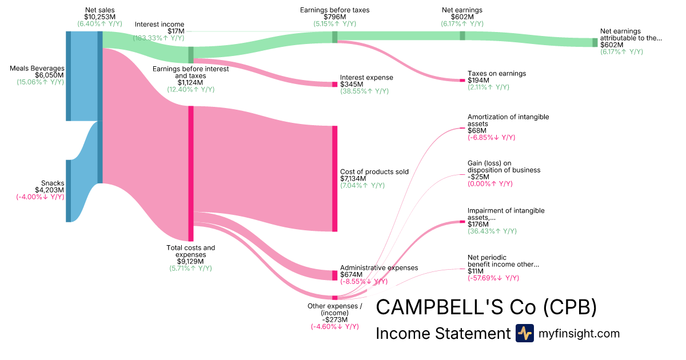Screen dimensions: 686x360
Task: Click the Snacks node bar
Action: pyautogui.click(x=68, y=191)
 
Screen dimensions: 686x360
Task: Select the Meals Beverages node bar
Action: pyautogui.click(x=68, y=76)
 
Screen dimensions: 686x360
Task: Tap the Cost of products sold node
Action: pyautogui.click(x=334, y=178)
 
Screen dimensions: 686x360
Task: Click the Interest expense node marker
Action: pyautogui.click(x=334, y=84)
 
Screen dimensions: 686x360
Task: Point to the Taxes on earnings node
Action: pyautogui.click(x=462, y=80)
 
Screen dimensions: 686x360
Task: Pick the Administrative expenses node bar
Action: pyautogui.click(x=334, y=275)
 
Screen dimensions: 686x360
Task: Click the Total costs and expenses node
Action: pyautogui.click(x=191, y=173)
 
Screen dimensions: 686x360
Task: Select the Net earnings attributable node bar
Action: pyautogui.click(x=595, y=43)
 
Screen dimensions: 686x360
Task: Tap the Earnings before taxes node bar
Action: pyautogui.click(x=335, y=37)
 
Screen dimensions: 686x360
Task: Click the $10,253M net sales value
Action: pyautogui.click(x=99, y=17)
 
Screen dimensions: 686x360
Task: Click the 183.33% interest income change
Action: pyautogui.click(x=158, y=38)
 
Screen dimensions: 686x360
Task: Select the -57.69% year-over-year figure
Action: pyautogui.click(x=493, y=278)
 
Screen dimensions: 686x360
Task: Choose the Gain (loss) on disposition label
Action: pyautogui.click(x=504, y=166)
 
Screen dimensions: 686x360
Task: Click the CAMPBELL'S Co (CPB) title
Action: pyautogui.click(x=486, y=307)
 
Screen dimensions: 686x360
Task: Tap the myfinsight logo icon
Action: pyautogui.click(x=524, y=333)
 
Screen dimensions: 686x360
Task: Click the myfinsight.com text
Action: pyautogui.click(x=579, y=333)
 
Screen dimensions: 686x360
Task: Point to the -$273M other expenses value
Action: pyautogui.click(x=334, y=319)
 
